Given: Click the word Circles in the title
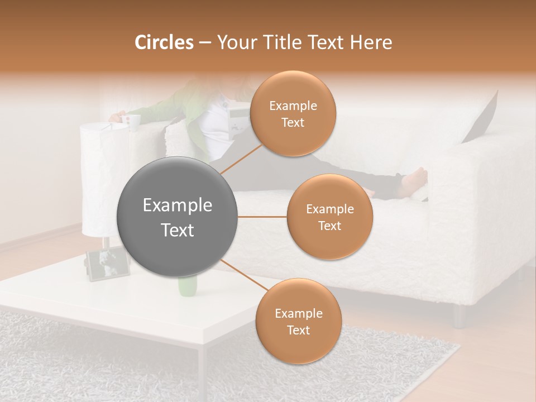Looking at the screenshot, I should pos(164,42).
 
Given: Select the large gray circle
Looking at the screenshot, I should pos(178,217).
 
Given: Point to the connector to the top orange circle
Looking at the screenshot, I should pos(241,158).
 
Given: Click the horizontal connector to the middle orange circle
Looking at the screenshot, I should pos(262,217).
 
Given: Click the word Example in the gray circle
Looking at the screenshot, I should pos(178,205).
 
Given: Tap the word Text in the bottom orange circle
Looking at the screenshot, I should pos(298,330).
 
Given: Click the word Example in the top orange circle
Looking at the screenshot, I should pos(293,106).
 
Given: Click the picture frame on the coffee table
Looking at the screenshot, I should pos(107,265).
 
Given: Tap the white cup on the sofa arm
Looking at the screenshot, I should pos(133,122).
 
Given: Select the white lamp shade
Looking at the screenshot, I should pos(104,179).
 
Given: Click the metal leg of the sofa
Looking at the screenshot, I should pos(459,316).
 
